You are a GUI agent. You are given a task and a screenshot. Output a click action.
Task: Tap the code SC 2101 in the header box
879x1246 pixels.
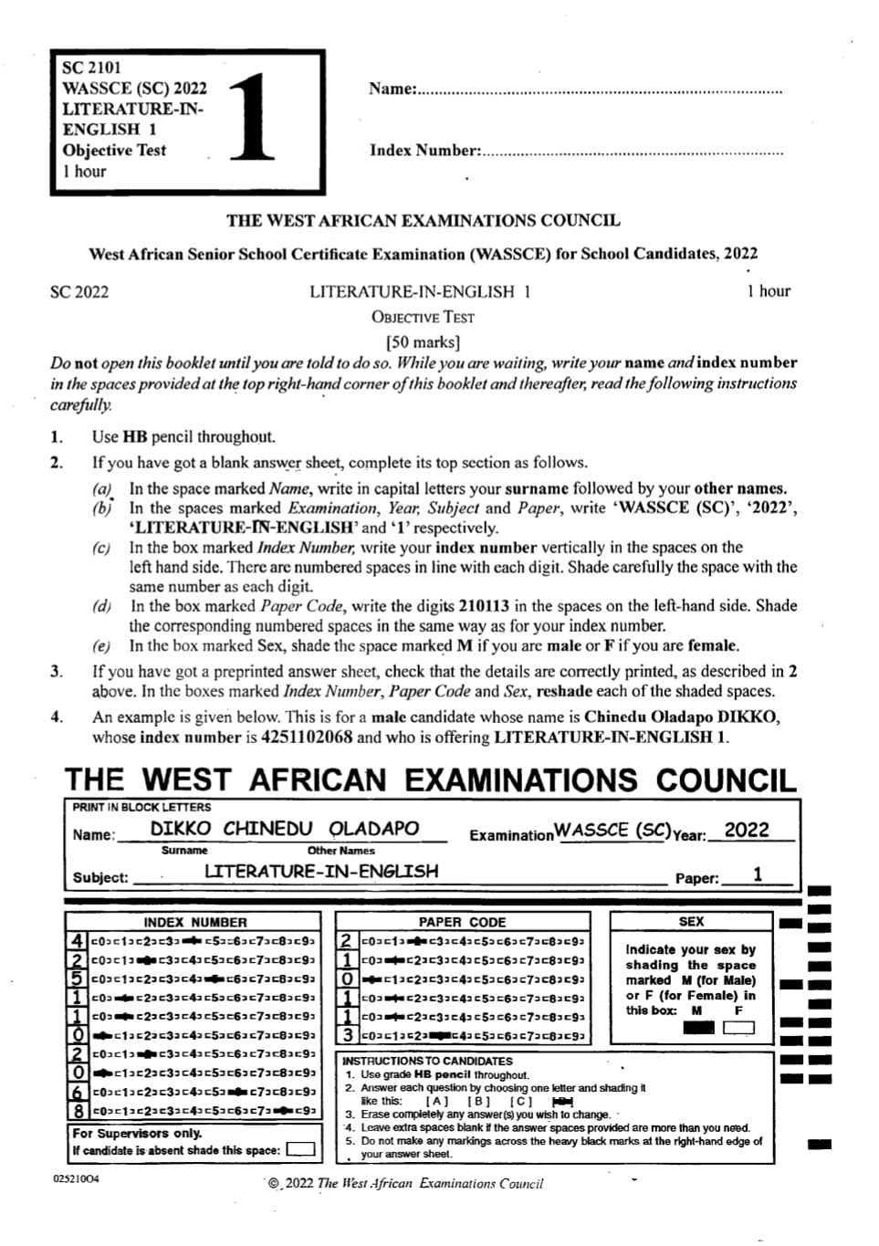[91, 68]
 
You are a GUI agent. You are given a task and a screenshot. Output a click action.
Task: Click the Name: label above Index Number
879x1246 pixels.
[392, 89]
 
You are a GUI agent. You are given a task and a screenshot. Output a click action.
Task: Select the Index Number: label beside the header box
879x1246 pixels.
[424, 151]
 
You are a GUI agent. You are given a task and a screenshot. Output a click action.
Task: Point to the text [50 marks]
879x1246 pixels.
[423, 342]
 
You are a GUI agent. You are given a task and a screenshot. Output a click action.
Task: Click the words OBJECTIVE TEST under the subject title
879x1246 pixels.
[423, 318]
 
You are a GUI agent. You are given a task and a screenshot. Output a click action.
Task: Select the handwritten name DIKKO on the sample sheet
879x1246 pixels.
[180, 829]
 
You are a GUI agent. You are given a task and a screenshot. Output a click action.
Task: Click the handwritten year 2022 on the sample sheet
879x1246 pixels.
[746, 830]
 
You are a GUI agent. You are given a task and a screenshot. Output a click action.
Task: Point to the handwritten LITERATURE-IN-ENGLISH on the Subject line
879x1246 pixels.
[320, 872]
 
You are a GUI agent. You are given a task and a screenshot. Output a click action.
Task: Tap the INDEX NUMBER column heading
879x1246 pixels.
[194, 922]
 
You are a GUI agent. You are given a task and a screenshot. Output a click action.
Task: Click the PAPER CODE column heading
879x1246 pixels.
[462, 922]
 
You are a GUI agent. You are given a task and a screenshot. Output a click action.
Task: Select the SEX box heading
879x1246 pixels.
[691, 922]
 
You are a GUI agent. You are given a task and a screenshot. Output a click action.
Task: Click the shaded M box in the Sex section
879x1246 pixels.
[698, 1028]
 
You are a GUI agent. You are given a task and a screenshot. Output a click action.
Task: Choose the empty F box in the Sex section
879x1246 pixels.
[738, 1028]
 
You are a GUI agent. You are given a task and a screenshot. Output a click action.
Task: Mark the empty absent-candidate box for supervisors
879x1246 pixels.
[300, 1150]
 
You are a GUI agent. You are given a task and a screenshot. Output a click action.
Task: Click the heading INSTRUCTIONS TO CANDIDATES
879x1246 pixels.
[427, 1061]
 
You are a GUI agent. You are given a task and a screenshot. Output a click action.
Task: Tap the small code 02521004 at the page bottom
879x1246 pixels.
[76, 1179]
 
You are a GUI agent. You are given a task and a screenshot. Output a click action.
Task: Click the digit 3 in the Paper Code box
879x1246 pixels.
[348, 1036]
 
